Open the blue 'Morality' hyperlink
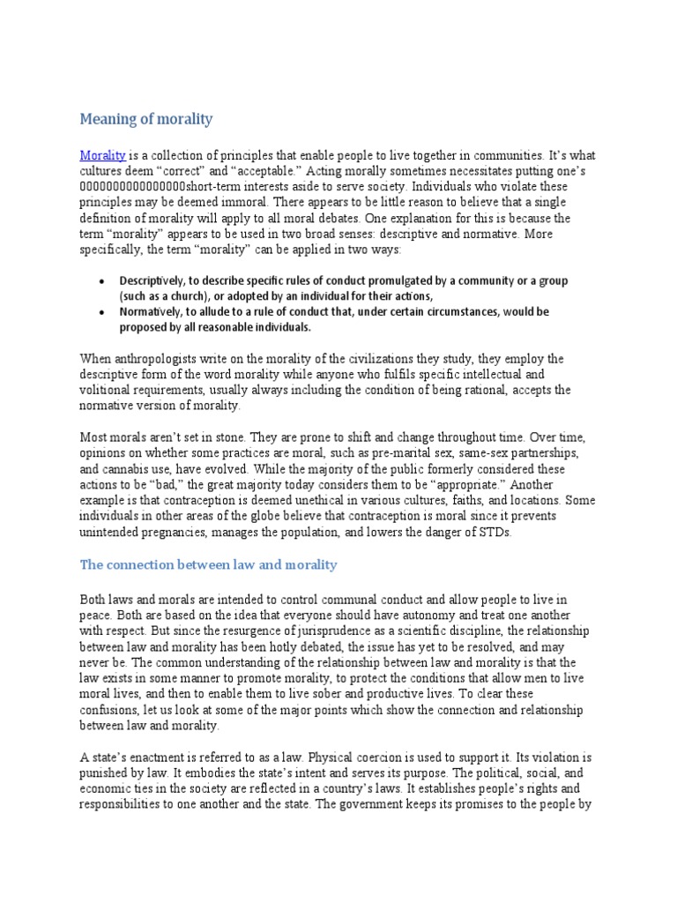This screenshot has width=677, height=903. pyautogui.click(x=102, y=154)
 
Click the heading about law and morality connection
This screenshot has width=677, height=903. pyautogui.click(x=208, y=563)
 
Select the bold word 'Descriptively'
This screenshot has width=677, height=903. pyautogui.click(x=153, y=280)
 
